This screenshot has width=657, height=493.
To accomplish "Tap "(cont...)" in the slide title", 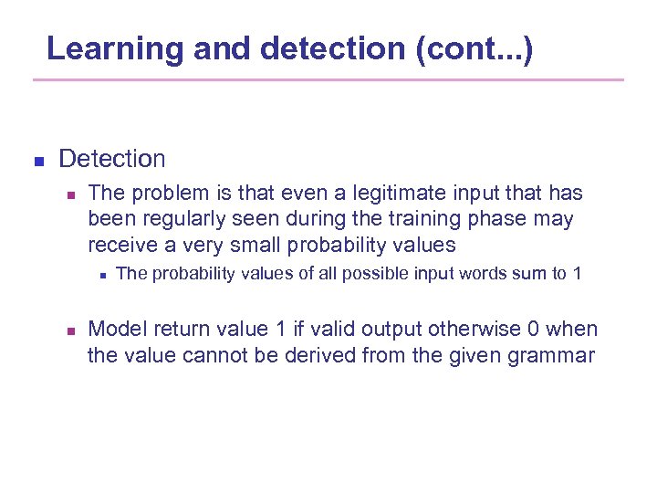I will coord(474,48).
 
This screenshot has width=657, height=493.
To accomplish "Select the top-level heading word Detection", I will coord(112,159).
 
